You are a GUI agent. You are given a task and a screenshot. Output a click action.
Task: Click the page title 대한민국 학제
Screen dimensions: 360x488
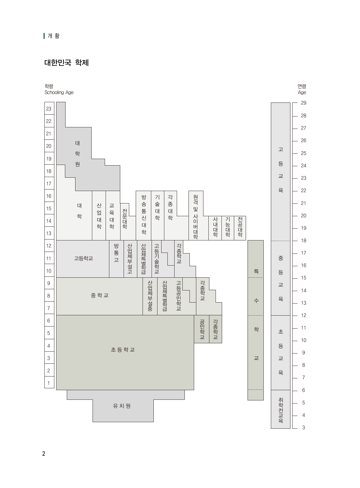pyautogui.click(x=66, y=63)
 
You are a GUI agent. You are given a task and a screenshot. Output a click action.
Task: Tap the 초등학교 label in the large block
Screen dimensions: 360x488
pyautogui.click(x=123, y=349)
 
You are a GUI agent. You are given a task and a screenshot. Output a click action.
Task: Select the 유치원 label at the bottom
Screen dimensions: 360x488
pyautogui.click(x=122, y=406)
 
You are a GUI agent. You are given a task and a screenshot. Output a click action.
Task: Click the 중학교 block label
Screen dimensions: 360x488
pyautogui.click(x=100, y=295)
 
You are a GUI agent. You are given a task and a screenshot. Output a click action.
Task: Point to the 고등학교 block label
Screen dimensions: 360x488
pyautogui.click(x=83, y=258)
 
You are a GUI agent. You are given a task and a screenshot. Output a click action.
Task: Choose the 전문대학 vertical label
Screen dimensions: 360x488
pyautogui.click(x=125, y=219)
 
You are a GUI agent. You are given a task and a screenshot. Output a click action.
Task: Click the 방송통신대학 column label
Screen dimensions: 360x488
pyautogui.click(x=144, y=215)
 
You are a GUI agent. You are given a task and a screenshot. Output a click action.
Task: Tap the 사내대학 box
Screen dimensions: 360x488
pyautogui.click(x=215, y=228)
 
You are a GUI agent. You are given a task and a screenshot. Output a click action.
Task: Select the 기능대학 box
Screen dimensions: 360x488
pyautogui.click(x=228, y=228)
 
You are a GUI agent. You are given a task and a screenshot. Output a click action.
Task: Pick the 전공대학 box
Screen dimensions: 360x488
pyautogui.click(x=240, y=228)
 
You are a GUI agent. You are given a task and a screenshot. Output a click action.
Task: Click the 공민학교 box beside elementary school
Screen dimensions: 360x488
pyautogui.click(x=202, y=329)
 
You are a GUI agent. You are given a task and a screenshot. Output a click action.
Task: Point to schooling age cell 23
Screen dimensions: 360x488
pyautogui.click(x=49, y=108)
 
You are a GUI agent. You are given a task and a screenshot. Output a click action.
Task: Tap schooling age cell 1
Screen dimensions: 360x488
pyautogui.click(x=49, y=383)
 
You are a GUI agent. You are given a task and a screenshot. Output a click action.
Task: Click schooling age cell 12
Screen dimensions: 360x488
pyautogui.click(x=49, y=245)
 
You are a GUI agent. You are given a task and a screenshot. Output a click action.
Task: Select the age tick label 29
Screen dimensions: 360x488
pyautogui.click(x=303, y=103)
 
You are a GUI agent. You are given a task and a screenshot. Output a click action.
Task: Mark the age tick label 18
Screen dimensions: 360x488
pyautogui.click(x=303, y=240)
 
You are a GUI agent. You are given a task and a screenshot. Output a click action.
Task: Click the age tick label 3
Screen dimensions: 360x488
pyautogui.click(x=303, y=427)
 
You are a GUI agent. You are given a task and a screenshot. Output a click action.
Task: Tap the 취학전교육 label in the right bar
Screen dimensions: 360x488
pyautogui.click(x=280, y=410)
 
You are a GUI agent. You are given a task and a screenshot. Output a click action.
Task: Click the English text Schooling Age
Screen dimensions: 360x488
pyautogui.click(x=59, y=92)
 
